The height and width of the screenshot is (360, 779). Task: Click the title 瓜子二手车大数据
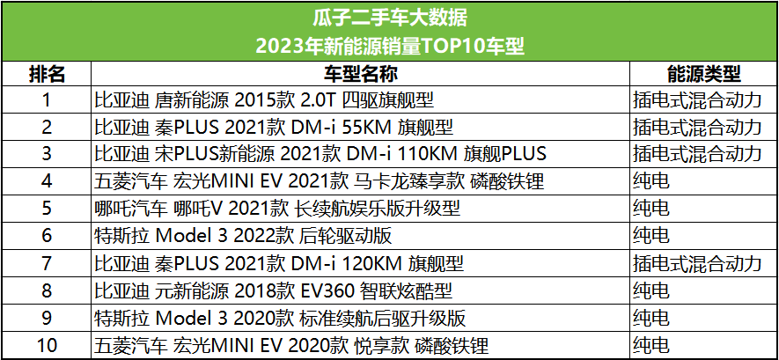click(389, 18)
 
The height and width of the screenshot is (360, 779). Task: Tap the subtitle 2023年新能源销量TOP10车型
click(389, 46)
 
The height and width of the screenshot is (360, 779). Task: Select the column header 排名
click(48, 73)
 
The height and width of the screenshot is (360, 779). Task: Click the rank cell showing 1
click(48, 99)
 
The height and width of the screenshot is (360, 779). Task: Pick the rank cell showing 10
click(48, 345)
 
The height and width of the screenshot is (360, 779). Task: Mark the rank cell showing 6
click(48, 236)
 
